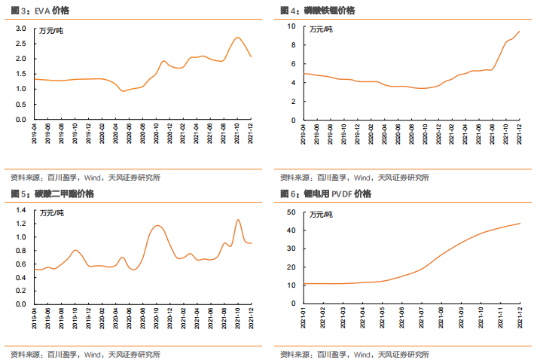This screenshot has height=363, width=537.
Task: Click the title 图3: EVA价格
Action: (40, 11)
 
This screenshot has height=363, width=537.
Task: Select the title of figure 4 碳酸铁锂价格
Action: (329, 11)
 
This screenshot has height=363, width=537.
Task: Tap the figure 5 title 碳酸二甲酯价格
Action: (64, 194)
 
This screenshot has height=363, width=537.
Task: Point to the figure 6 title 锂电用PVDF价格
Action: (337, 194)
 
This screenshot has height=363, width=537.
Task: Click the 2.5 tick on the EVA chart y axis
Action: (20, 44)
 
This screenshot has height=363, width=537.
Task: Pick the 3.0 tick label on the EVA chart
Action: (20, 29)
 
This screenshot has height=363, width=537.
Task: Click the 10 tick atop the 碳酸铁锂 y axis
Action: (291, 26)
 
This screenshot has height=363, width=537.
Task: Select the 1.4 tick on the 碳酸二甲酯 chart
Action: (21, 210)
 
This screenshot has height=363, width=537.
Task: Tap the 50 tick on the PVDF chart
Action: (291, 212)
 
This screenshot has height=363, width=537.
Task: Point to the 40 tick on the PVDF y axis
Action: (291, 230)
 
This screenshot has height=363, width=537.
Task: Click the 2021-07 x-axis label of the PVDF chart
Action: (421, 318)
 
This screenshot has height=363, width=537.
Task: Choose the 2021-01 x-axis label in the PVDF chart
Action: (303, 318)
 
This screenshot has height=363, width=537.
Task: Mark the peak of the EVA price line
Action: (238, 38)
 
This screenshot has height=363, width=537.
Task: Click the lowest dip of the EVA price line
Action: (123, 91)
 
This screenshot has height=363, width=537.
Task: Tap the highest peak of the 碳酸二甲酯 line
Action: (238, 220)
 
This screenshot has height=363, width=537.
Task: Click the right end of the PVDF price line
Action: (520, 224)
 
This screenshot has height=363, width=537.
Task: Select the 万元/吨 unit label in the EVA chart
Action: (51, 31)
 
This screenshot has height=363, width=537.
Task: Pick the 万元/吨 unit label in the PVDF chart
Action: (321, 215)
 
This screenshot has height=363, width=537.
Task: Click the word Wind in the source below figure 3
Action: (92, 178)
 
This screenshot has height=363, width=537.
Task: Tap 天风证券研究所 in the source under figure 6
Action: (404, 355)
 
